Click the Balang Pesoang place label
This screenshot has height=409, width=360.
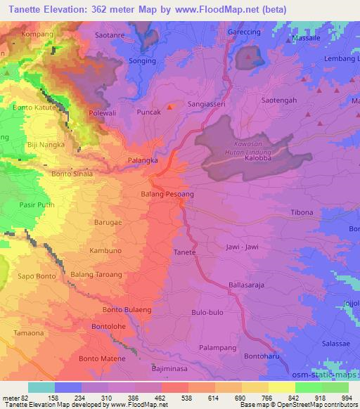167,193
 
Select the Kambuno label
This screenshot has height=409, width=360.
106,250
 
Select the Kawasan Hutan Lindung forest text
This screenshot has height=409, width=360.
246,146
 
